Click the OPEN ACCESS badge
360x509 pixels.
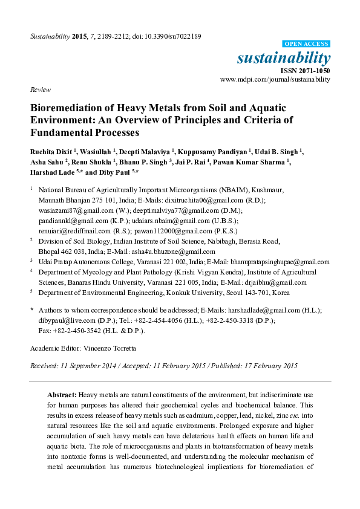[x=307, y=44]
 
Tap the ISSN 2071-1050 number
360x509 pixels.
[x=309, y=71]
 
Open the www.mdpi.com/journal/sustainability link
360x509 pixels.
[x=275, y=79]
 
